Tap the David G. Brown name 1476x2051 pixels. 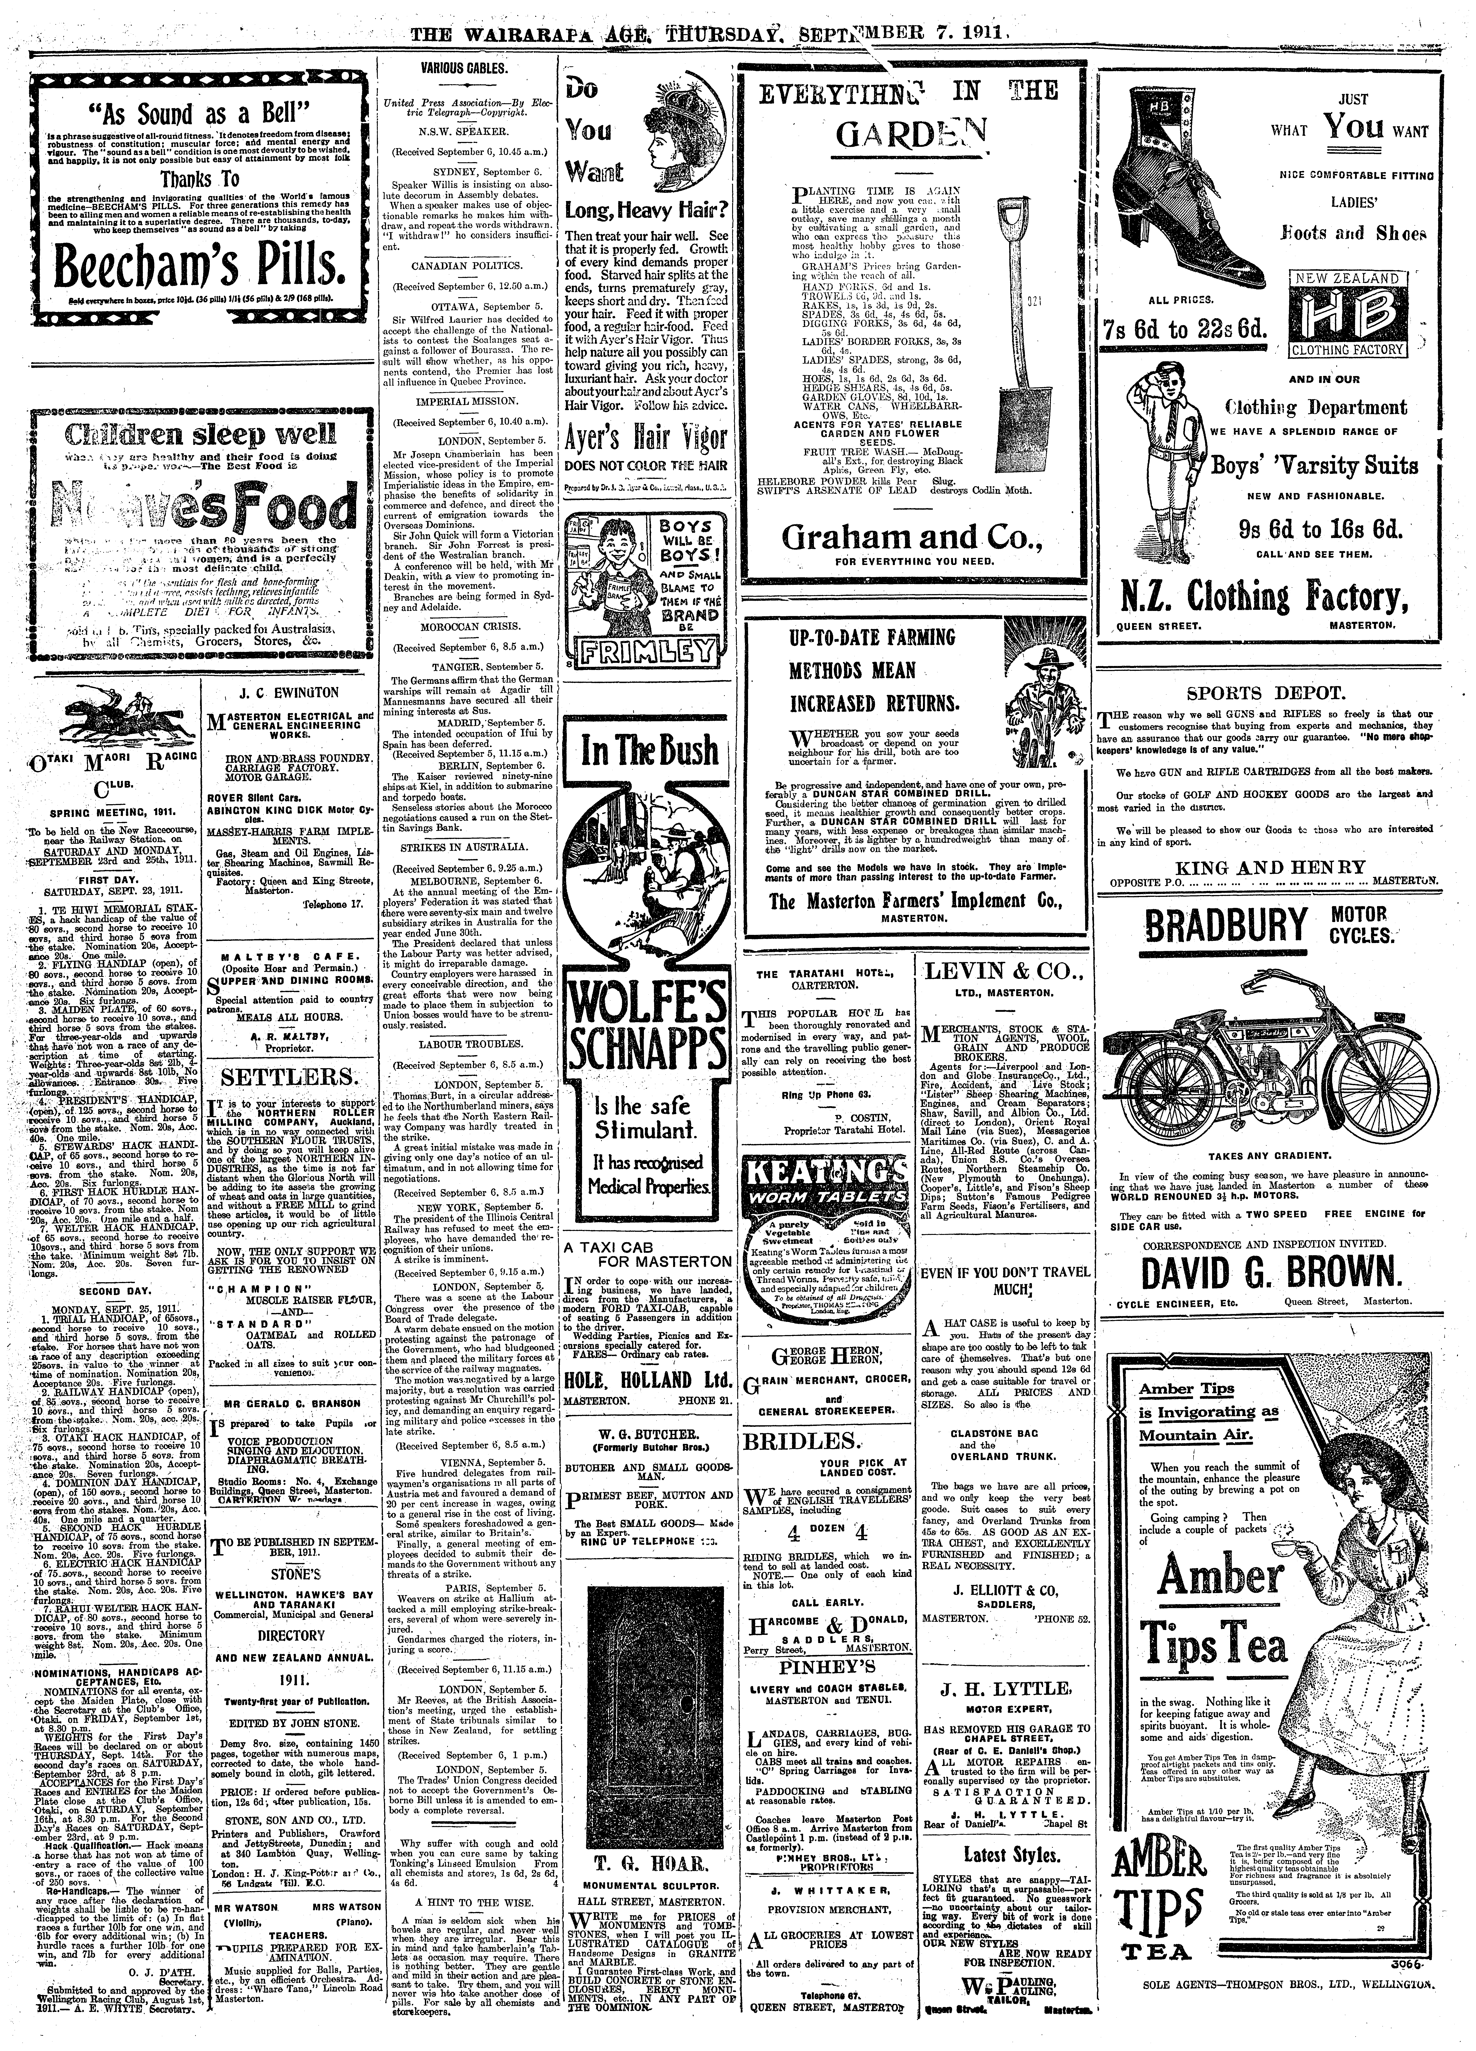pyautogui.click(x=1258, y=1274)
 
